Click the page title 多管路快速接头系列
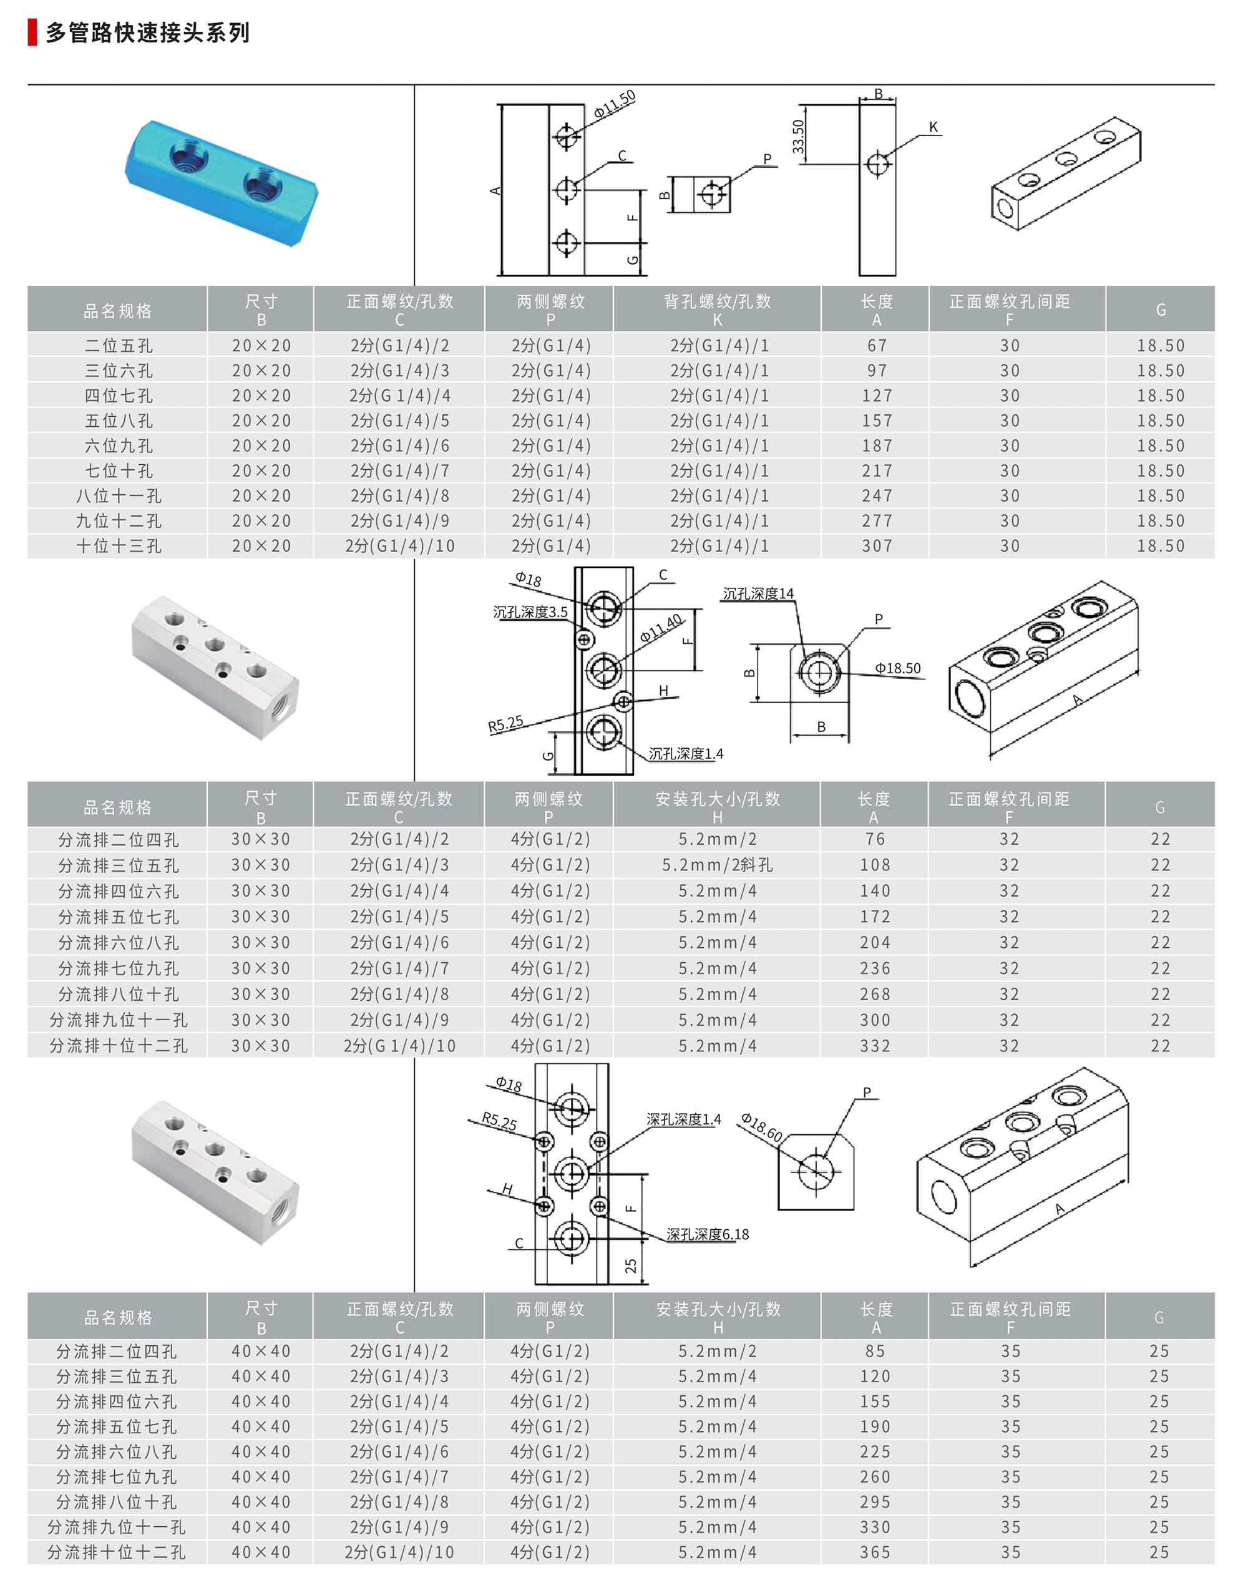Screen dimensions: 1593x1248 click(148, 33)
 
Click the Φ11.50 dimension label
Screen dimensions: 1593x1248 click(615, 104)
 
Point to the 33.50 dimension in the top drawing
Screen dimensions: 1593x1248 click(798, 137)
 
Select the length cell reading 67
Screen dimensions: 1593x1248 click(877, 346)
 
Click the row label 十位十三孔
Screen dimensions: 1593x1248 click(119, 546)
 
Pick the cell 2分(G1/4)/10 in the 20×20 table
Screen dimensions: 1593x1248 click(400, 546)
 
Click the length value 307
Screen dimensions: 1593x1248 click(877, 546)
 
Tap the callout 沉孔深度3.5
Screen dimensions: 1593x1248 click(530, 612)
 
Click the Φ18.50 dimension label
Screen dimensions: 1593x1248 click(898, 668)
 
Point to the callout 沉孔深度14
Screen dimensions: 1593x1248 click(758, 593)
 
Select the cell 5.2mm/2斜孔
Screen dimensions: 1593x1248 click(718, 865)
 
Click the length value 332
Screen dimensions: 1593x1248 click(875, 1046)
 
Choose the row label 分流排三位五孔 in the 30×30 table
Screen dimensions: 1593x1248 click(119, 865)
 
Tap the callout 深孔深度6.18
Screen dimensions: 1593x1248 click(707, 1234)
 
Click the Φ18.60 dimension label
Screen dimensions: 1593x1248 click(761, 1128)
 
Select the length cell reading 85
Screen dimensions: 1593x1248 click(875, 1351)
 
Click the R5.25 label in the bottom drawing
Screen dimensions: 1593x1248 click(499, 1123)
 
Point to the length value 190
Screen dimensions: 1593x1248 click(875, 1426)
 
